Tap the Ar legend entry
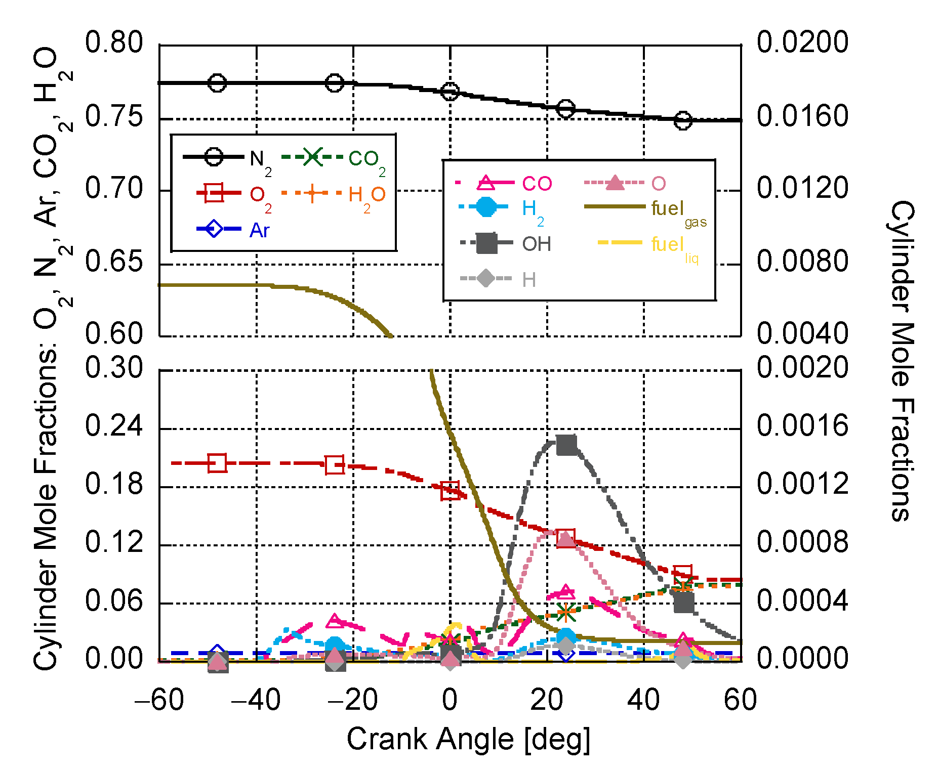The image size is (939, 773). [x=233, y=230]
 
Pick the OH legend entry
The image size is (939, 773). [x=506, y=244]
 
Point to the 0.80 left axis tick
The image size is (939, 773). [x=114, y=42]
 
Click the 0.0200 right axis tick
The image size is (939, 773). [x=802, y=42]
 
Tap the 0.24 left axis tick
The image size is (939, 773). [x=114, y=426]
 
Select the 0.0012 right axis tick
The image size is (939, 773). [x=802, y=484]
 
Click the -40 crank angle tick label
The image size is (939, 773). [x=256, y=701]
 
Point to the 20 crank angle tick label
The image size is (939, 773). [x=546, y=701]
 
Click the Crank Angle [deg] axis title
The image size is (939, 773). [x=468, y=739]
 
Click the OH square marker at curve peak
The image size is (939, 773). [x=566, y=445]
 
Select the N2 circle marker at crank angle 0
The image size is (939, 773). [x=450, y=92]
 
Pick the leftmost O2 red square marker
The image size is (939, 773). [x=217, y=463]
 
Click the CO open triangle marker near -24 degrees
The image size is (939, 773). [x=334, y=620]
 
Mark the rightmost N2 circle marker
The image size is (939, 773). [x=683, y=120]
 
